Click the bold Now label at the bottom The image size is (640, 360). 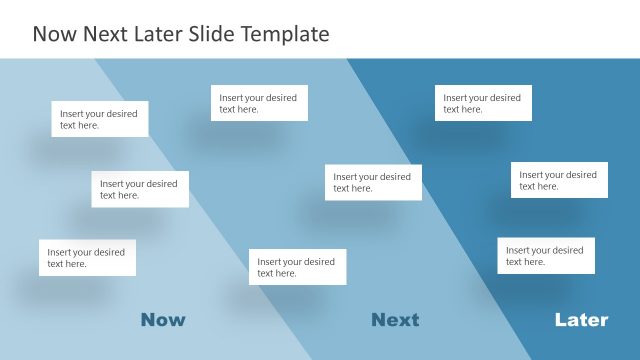pos(163,320)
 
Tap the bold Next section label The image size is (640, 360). pos(395,320)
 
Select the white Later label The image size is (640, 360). pos(581,320)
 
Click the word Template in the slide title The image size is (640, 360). pos(281,34)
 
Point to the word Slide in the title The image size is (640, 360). pos(208,34)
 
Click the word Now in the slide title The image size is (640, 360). pos(54,34)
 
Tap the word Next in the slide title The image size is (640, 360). pos(102,34)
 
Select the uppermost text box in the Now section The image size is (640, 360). pos(100,119)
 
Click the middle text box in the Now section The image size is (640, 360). pos(140,189)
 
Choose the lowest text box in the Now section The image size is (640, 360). pos(87,257)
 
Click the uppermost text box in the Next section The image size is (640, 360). pos(259,103)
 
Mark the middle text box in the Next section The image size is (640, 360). pos(373,182)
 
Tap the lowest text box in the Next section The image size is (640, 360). pos(297,267)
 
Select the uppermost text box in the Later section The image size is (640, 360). pos(483,103)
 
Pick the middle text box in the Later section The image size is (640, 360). pos(559,180)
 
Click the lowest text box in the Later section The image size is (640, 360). pos(546,255)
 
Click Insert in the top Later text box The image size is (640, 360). pos(456,98)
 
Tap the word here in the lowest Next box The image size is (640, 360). pos(286,273)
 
